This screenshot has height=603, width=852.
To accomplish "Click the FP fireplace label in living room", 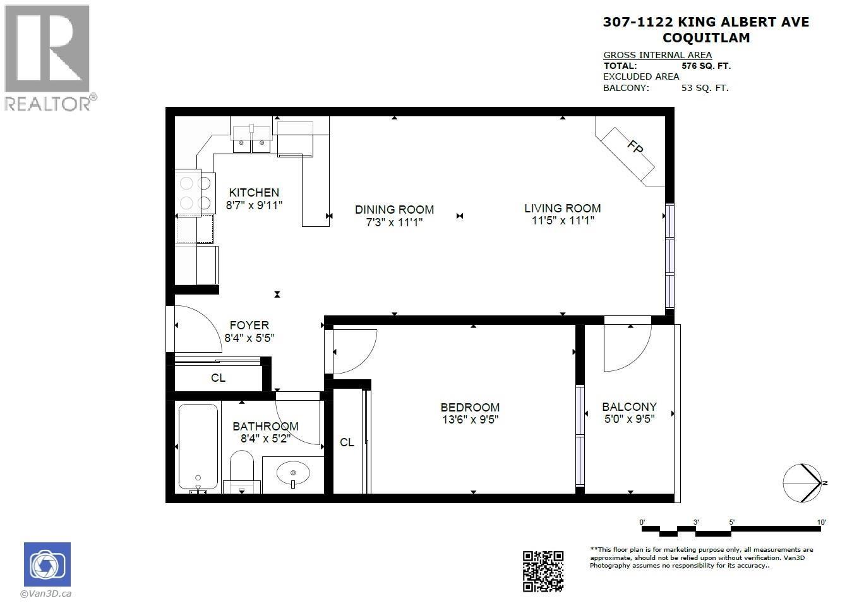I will point(635,147).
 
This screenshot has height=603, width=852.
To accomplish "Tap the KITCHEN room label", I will point(254,193).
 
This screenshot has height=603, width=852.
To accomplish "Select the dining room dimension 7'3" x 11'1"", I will point(394,222).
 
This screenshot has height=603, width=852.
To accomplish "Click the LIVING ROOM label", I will point(562,208).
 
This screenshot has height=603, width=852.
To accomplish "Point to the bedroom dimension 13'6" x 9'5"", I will point(470,420).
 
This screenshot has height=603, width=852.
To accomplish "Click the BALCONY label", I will point(629,407).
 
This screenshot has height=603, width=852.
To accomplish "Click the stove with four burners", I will point(195,193).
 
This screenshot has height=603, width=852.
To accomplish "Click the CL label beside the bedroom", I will point(347,442).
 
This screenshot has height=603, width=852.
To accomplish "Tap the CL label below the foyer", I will point(218,378).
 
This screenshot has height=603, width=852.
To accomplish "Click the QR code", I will point(543,571).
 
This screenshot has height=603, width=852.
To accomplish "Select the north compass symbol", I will point(803,483).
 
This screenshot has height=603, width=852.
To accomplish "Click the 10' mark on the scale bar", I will point(821,522).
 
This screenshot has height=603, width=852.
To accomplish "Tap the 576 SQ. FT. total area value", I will point(705,66).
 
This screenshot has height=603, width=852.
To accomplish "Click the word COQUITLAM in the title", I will point(706,38).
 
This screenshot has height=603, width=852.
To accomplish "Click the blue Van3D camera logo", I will point(47,564).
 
